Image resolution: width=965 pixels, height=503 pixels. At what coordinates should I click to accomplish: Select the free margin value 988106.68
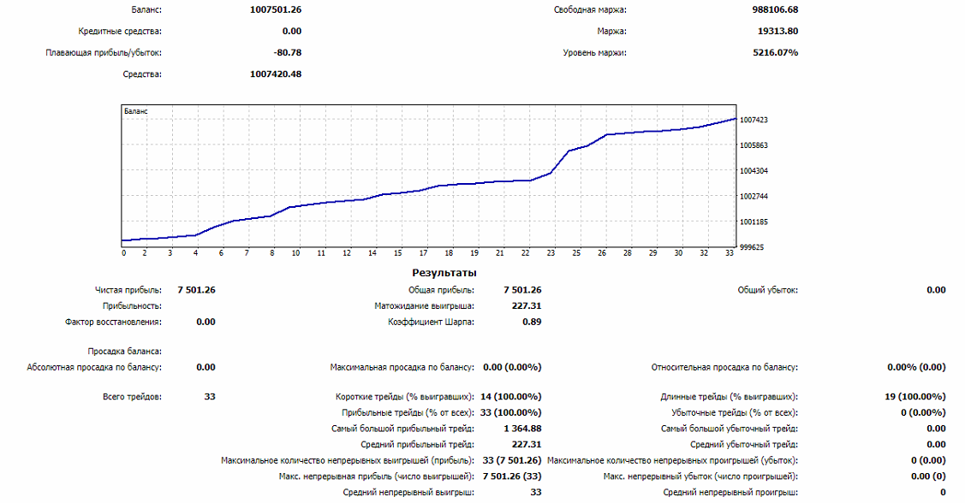769,10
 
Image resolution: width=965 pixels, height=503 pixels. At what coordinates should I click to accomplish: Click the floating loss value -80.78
287,53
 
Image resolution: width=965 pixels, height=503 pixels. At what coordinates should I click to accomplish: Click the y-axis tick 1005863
754,145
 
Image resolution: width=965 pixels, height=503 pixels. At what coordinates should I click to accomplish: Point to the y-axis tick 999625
752,247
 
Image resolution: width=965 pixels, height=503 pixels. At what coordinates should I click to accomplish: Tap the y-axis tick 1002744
754,196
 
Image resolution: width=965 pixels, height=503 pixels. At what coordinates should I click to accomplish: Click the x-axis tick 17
423,253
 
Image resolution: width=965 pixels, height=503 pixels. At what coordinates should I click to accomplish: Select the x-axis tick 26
602,253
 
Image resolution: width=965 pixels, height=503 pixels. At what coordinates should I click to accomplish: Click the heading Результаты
444,273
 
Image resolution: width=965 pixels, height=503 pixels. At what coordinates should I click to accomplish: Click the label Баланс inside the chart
135,111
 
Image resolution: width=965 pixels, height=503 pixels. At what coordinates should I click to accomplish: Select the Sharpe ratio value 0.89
531,323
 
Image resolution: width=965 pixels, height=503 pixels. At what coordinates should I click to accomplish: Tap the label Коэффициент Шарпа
431,323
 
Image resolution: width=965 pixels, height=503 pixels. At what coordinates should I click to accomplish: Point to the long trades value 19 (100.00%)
915,397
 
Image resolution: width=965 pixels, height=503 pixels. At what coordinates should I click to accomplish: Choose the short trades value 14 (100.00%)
510,397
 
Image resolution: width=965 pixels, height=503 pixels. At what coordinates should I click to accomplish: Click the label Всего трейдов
131,397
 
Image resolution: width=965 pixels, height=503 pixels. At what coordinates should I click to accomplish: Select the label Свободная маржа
590,10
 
